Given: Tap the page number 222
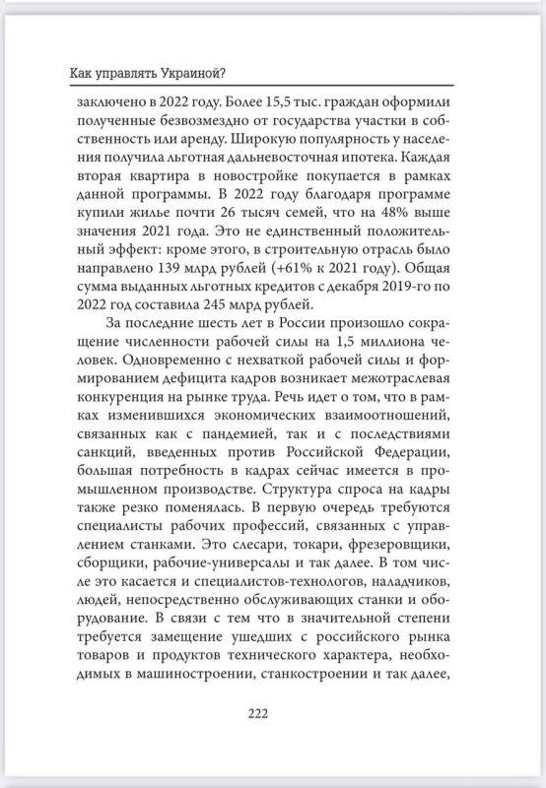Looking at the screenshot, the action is coord(272,714).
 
